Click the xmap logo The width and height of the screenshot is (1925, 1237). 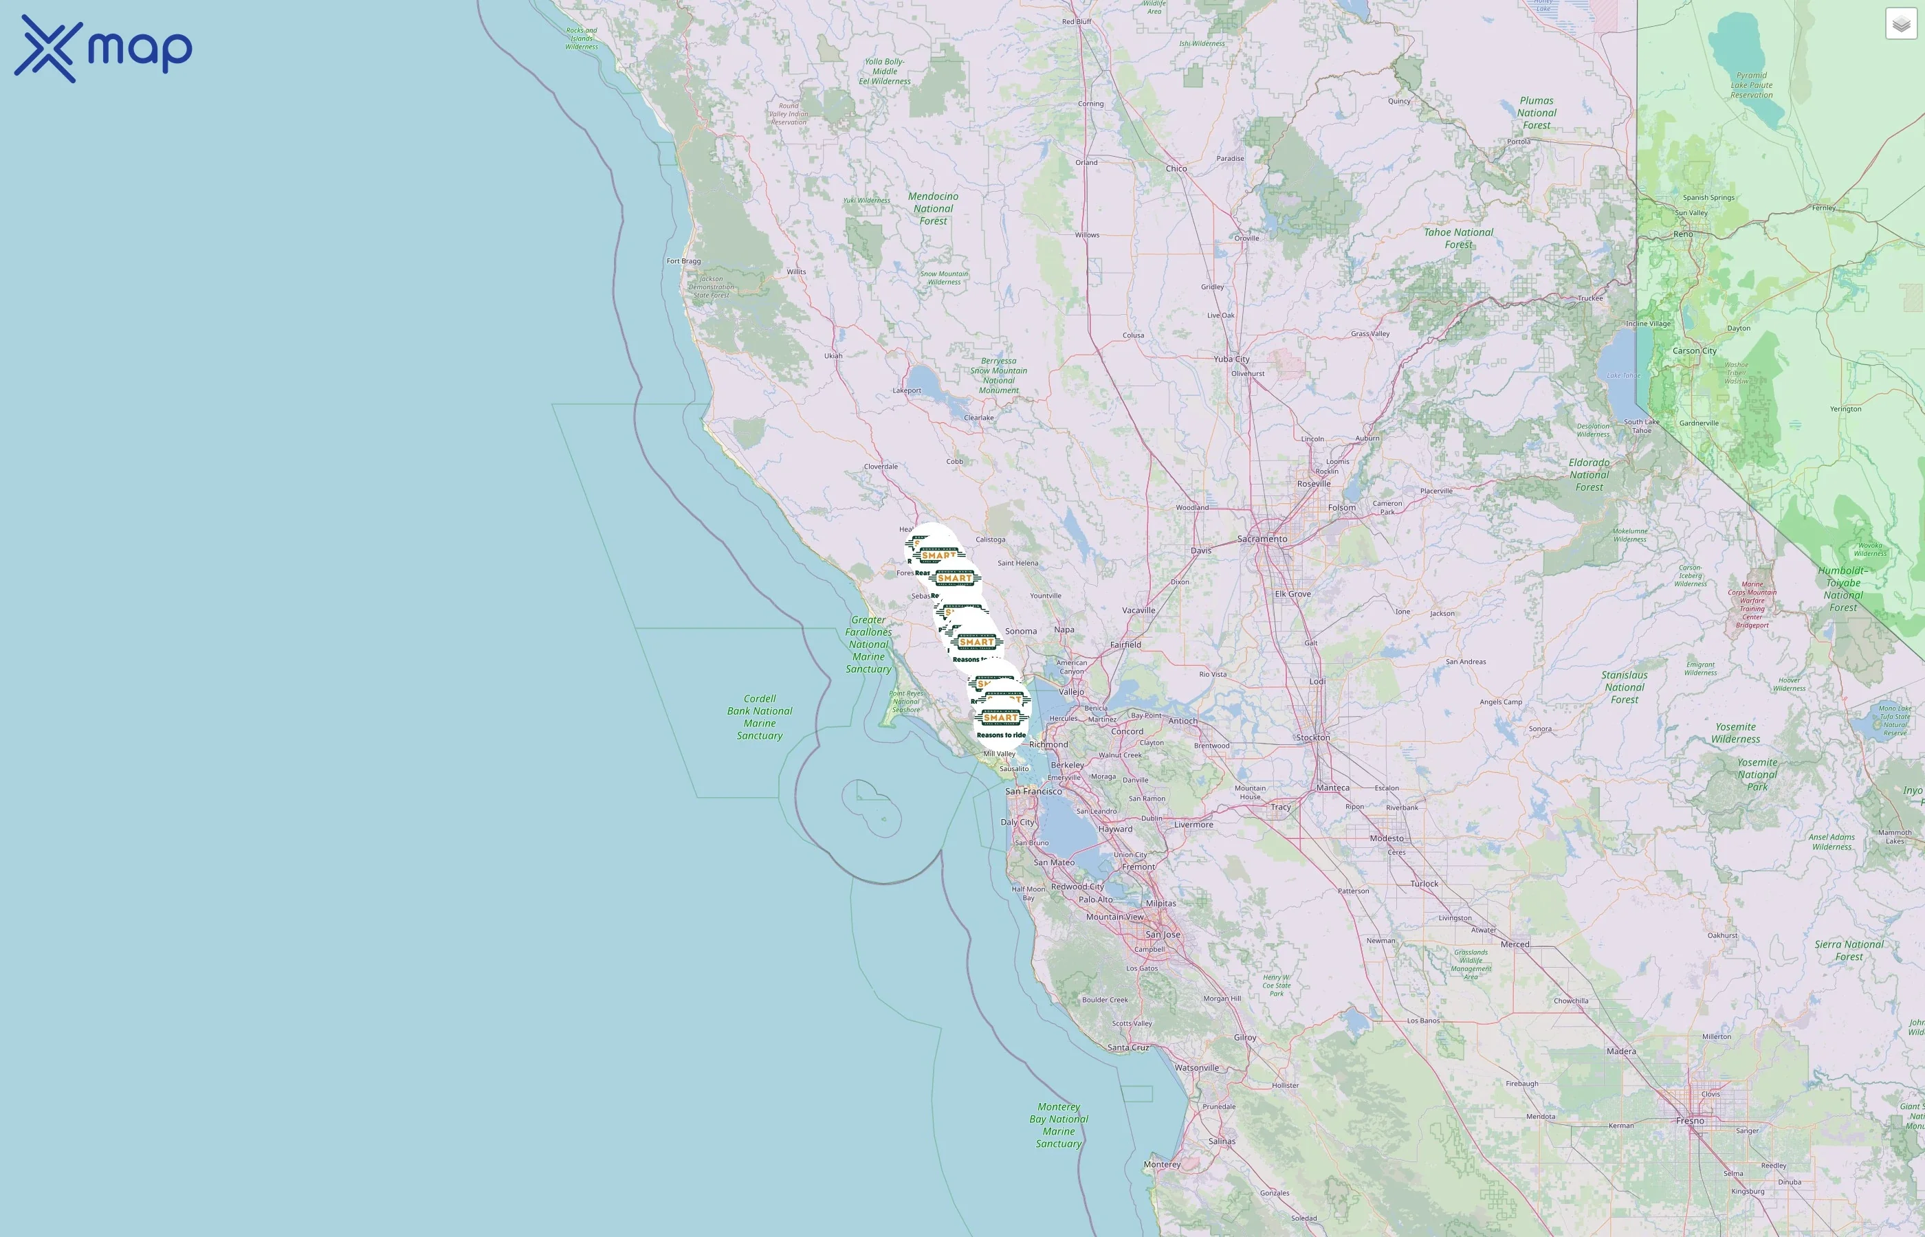pyautogui.click(x=103, y=48)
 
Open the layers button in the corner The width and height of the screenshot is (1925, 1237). pyautogui.click(x=1900, y=24)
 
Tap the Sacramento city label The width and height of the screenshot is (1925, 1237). pyautogui.click(x=1262, y=539)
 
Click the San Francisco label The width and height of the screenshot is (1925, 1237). pyautogui.click(x=1033, y=791)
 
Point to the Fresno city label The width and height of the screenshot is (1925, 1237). pyautogui.click(x=1690, y=1121)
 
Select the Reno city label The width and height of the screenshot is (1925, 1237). pyautogui.click(x=1683, y=234)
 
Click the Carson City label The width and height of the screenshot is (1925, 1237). pyautogui.click(x=1695, y=351)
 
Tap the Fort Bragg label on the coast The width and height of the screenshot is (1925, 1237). pyautogui.click(x=683, y=261)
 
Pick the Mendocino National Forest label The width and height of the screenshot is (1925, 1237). pyautogui.click(x=933, y=208)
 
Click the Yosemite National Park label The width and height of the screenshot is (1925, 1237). pyautogui.click(x=1757, y=774)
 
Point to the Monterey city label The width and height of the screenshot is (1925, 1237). pyautogui.click(x=1162, y=1164)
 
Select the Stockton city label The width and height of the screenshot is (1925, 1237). pyautogui.click(x=1313, y=737)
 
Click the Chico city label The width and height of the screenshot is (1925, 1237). pyautogui.click(x=1176, y=168)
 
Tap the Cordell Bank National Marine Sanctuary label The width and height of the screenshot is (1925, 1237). pyautogui.click(x=759, y=717)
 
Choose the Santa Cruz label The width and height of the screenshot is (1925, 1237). pyautogui.click(x=1128, y=1047)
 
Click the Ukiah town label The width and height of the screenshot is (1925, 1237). pyautogui.click(x=833, y=356)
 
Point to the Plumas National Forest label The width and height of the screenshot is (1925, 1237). pyautogui.click(x=1536, y=113)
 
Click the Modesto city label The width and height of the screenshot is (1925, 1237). pyautogui.click(x=1387, y=838)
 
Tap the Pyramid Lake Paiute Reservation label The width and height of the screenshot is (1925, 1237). pyautogui.click(x=1752, y=85)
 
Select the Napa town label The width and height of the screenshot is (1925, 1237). pyautogui.click(x=1064, y=629)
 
